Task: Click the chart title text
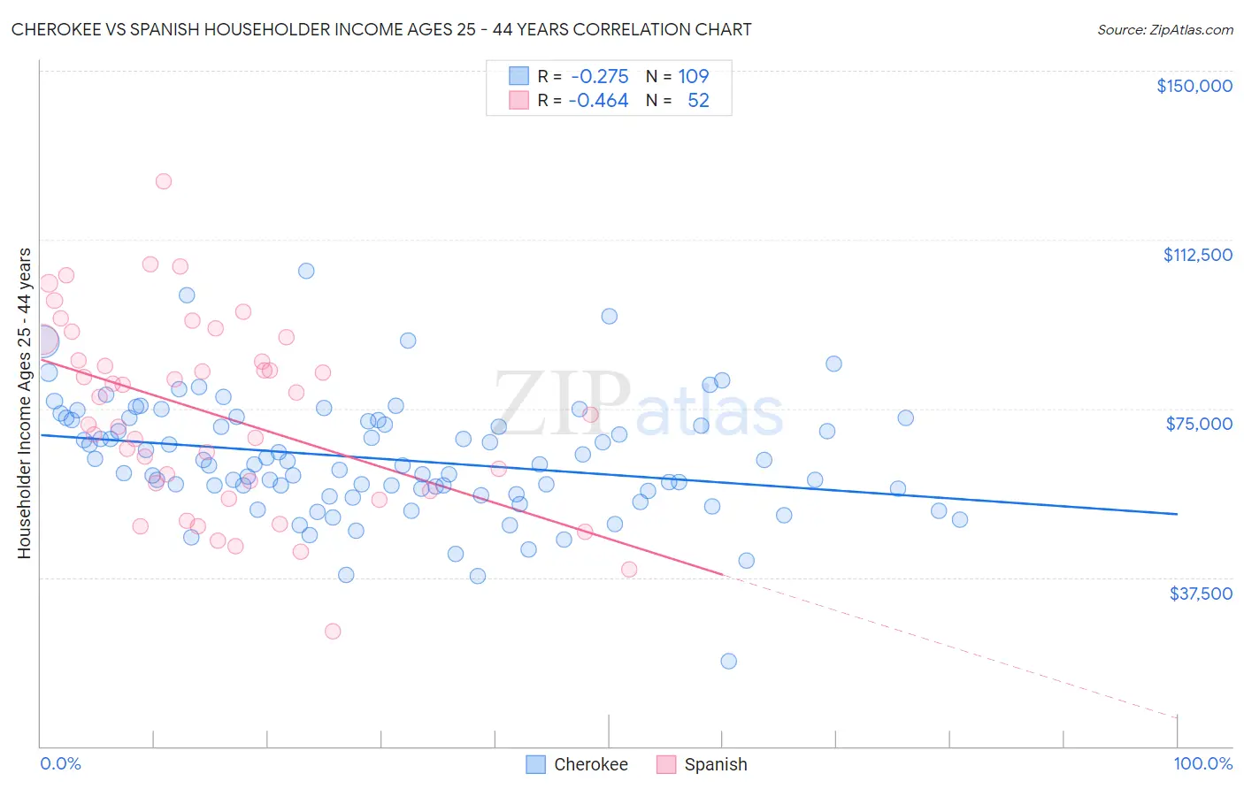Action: [x=381, y=29]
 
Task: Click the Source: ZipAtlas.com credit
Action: [x=1164, y=29]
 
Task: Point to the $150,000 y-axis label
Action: [x=1194, y=86]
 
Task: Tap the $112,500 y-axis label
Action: [x=1197, y=255]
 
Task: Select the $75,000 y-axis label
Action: [x=1198, y=424]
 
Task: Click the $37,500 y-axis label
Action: [x=1200, y=594]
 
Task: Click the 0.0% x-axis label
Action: [x=60, y=763]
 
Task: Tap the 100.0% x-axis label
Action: [x=1202, y=763]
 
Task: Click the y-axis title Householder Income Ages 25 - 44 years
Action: [x=24, y=403]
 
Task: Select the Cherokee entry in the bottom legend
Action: [x=590, y=764]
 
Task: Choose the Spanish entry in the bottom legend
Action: [x=715, y=764]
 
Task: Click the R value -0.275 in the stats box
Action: [x=599, y=77]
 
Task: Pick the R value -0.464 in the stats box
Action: [x=599, y=101]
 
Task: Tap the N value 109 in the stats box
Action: [x=694, y=77]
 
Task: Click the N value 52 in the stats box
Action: [x=698, y=101]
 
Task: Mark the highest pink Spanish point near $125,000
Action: [x=164, y=181]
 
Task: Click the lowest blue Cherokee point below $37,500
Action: [x=729, y=661]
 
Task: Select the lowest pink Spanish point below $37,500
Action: [x=333, y=631]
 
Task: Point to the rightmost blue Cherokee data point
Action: [x=960, y=519]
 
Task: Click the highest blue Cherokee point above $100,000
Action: [x=306, y=271]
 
